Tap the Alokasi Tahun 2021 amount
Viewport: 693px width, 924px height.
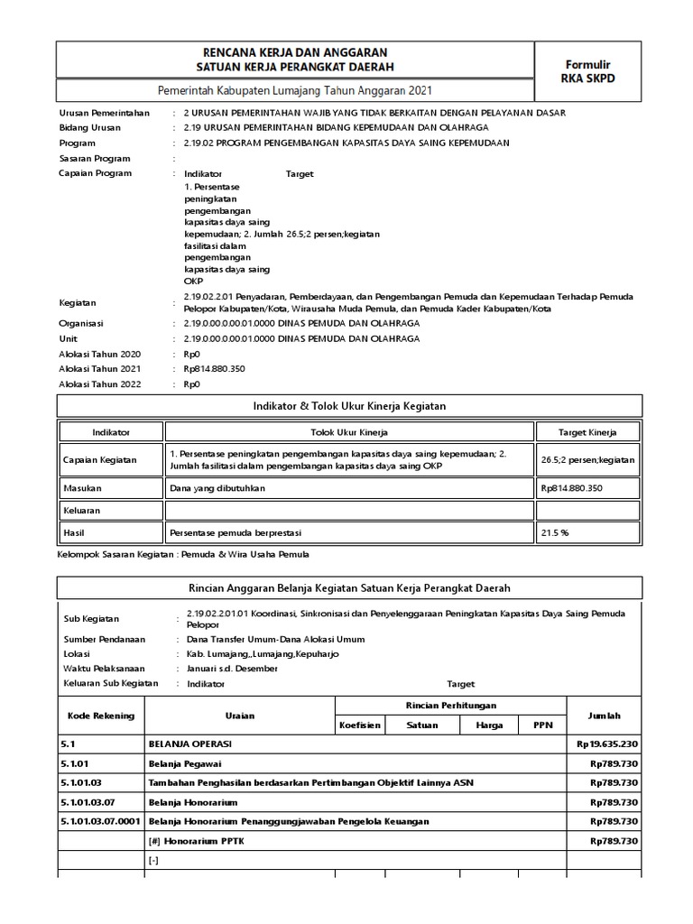(x=215, y=368)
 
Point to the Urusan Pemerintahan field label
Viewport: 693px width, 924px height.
(x=104, y=113)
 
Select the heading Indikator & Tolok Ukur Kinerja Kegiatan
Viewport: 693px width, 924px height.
(x=348, y=406)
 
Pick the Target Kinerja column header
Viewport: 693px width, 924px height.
(x=587, y=431)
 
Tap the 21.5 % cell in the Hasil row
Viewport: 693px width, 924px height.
(x=555, y=532)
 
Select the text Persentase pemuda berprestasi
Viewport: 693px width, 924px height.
(x=233, y=532)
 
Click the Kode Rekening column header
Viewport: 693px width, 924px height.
(x=101, y=716)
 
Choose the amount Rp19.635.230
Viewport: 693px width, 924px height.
(x=605, y=745)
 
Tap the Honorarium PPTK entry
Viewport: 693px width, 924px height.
(x=196, y=841)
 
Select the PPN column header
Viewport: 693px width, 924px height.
(x=541, y=725)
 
